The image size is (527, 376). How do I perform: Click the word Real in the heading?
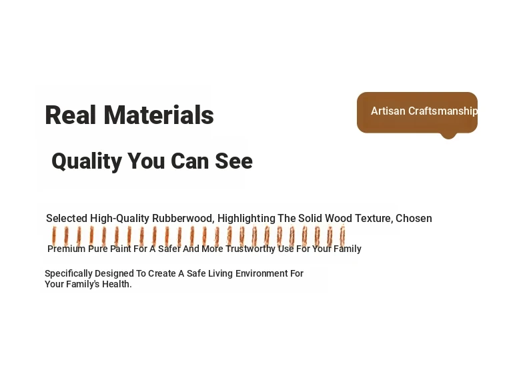[70, 115]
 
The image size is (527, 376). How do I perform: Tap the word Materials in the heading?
[159, 115]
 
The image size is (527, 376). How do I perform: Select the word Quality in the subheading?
[87, 161]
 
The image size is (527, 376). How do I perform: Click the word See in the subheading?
[233, 161]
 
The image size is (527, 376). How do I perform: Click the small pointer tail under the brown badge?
[448, 135]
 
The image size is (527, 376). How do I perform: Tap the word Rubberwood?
[183, 219]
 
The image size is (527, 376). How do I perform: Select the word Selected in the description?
[67, 219]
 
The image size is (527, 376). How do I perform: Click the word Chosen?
[414, 219]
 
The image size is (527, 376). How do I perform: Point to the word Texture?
[374, 219]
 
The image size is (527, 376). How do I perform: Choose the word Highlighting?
[246, 219]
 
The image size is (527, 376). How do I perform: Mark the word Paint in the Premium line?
[121, 249]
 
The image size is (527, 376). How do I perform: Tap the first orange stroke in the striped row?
[54, 235]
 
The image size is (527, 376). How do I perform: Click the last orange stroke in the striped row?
[342, 235]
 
